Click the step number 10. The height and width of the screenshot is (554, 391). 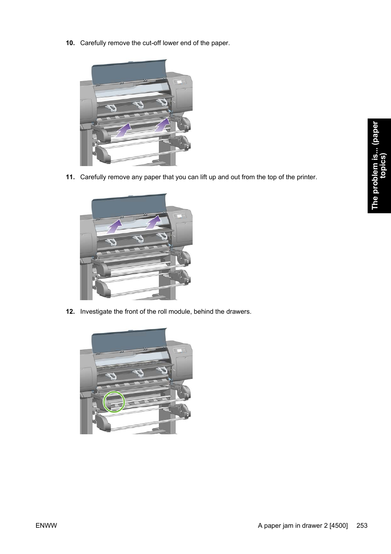(70, 43)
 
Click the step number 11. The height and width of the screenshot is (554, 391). (70, 177)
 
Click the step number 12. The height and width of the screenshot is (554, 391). (70, 312)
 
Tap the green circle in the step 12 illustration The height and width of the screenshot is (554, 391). (114, 401)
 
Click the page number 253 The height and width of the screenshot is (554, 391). (362, 526)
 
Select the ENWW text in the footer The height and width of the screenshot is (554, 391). (46, 526)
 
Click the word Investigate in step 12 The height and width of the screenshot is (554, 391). (96, 312)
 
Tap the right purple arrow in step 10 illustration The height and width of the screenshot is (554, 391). (162, 125)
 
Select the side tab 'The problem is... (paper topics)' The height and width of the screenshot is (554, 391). (379, 166)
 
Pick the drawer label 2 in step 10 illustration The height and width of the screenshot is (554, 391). (187, 146)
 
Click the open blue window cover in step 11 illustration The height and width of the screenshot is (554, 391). (128, 203)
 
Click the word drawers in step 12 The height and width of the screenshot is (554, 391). (239, 312)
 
